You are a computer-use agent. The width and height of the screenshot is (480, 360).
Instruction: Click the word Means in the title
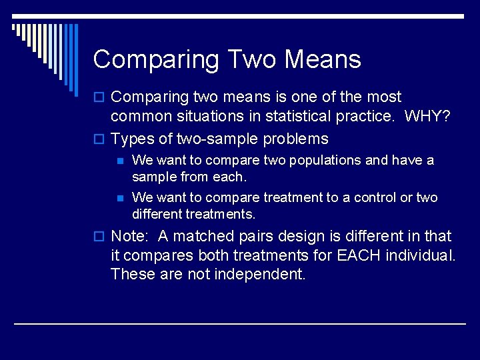click(323, 59)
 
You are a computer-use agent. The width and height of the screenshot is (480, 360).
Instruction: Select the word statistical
click(301, 116)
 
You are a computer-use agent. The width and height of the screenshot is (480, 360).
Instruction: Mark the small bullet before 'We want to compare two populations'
click(119, 161)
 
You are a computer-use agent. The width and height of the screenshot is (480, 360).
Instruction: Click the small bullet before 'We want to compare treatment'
click(119, 198)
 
